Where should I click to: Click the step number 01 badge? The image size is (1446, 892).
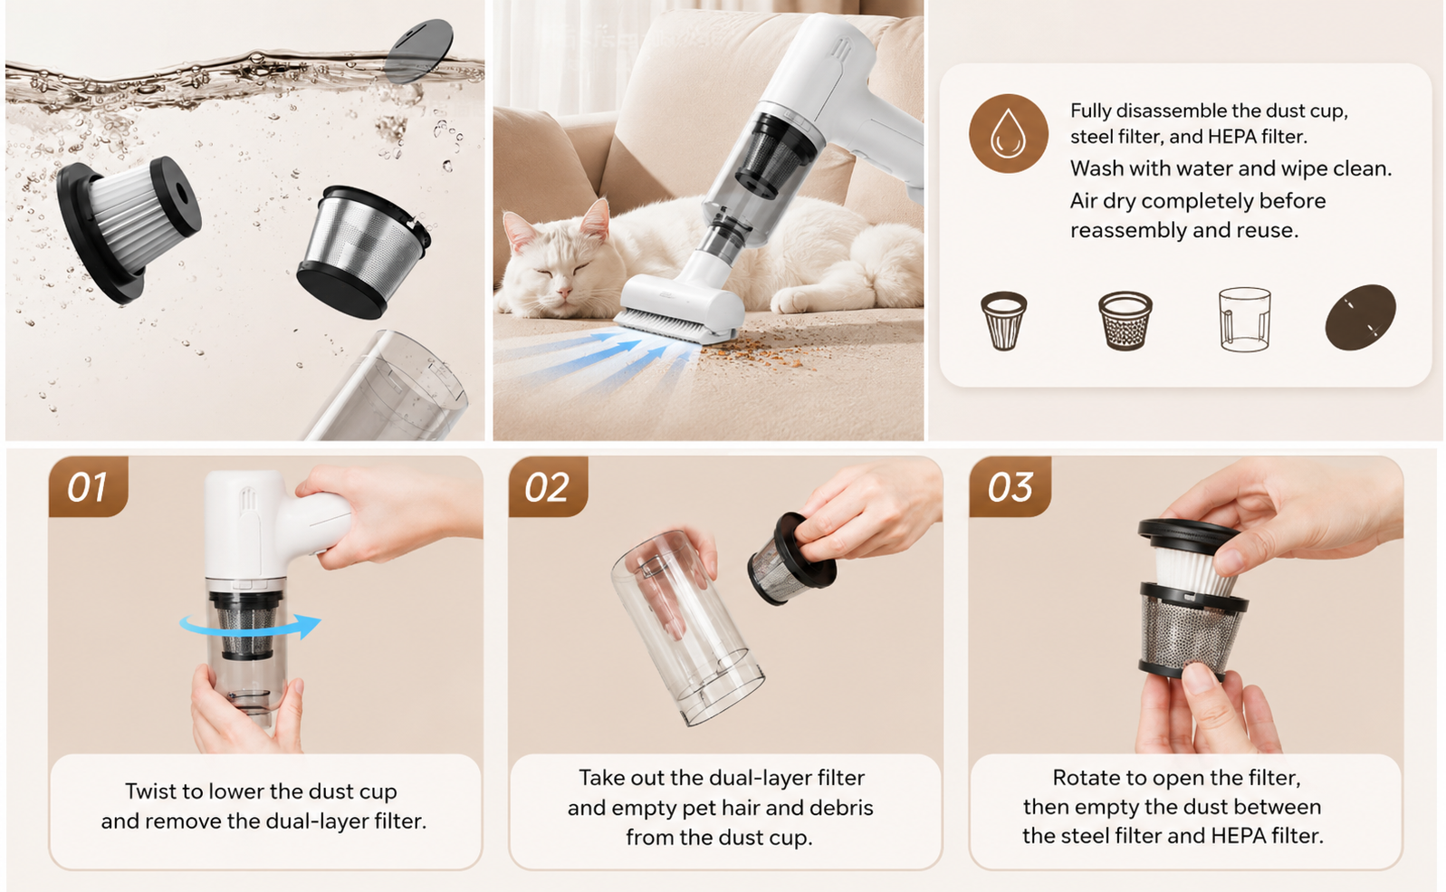[x=89, y=486]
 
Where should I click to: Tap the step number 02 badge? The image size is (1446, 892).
[x=548, y=486]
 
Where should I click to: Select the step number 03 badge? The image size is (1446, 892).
[x=1010, y=486]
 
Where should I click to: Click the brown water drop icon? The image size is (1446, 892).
[x=1009, y=134]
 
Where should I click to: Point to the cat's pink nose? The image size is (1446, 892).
[x=564, y=293]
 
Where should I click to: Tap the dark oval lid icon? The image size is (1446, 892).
[x=1361, y=318]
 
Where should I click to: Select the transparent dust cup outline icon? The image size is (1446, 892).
[x=1245, y=320]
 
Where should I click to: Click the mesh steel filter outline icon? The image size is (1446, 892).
[x=1125, y=321]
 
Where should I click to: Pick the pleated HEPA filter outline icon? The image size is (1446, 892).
[x=1004, y=321]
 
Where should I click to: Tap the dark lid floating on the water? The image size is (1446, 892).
[x=419, y=51]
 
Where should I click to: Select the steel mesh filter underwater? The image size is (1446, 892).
[x=363, y=252]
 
